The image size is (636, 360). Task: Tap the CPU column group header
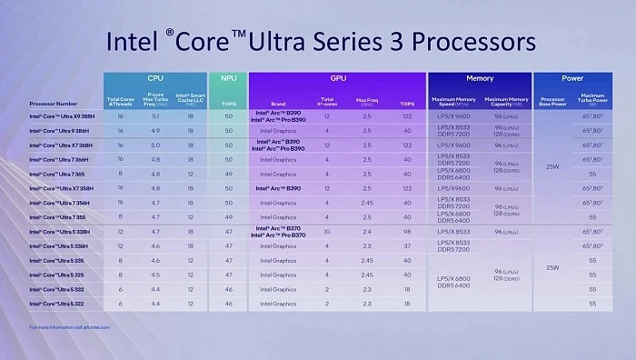(x=154, y=80)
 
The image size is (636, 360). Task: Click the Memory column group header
(x=479, y=80)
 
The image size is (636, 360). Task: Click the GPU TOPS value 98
(x=407, y=232)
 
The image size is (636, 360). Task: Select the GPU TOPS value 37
(x=407, y=246)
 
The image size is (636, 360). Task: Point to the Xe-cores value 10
(x=326, y=232)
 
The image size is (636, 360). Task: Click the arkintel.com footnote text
(x=67, y=327)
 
